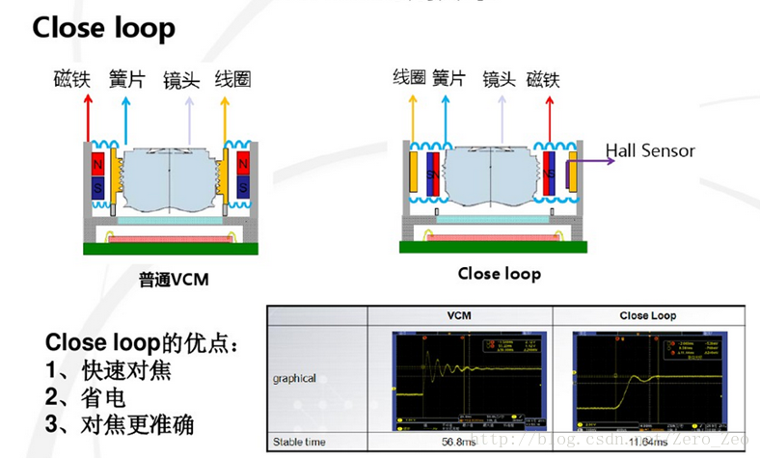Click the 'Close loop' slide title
coord(104,28)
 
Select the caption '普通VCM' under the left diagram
coord(174,281)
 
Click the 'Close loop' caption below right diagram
coord(499,274)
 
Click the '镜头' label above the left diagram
coord(181,79)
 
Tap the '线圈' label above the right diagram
coord(409,77)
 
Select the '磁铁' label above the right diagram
coord(543,78)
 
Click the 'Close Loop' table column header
coord(647,315)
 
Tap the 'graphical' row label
coord(293,378)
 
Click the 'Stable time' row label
coord(300,442)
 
